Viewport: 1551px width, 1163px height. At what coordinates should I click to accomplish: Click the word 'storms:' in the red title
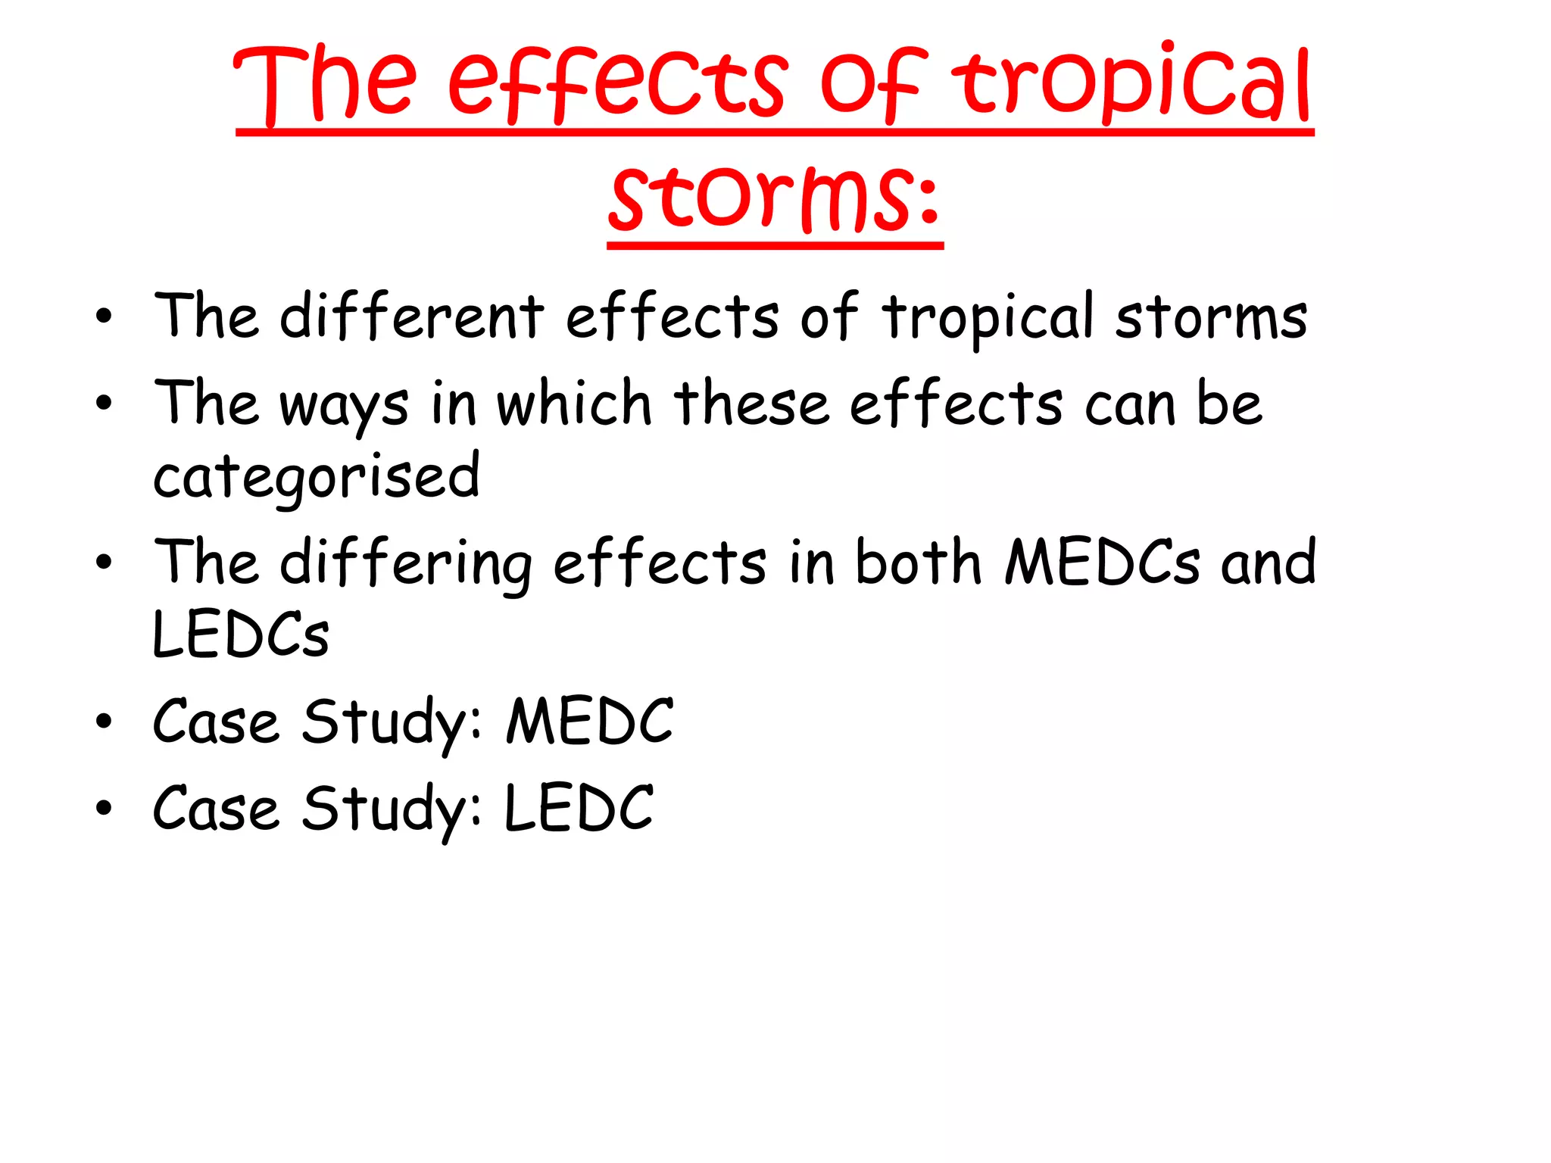(775, 198)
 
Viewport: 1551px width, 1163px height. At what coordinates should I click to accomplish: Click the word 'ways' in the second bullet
(345, 405)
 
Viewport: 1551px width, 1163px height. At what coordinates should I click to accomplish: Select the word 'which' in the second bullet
(573, 403)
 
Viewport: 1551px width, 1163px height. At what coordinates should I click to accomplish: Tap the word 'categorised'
(317, 478)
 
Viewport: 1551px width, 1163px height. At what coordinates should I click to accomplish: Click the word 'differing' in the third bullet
(406, 564)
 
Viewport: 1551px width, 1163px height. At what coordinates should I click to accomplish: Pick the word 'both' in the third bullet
(918, 563)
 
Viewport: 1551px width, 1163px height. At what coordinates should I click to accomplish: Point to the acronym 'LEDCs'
(241, 635)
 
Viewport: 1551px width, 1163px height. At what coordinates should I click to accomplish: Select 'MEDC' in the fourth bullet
(589, 722)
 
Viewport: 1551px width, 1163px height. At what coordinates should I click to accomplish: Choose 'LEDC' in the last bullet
(579, 808)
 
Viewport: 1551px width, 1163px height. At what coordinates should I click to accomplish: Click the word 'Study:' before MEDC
(392, 723)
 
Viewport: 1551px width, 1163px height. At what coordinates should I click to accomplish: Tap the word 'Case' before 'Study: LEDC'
(216, 808)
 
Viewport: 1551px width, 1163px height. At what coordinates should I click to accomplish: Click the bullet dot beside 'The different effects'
(104, 316)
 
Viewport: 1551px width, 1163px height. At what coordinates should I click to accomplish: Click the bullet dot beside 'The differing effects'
(104, 563)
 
